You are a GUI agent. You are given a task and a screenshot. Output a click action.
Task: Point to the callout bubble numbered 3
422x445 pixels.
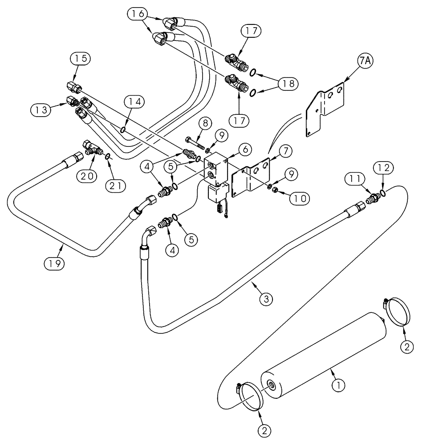tap(266, 299)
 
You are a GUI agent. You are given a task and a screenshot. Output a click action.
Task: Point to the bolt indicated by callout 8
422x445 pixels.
tap(194, 143)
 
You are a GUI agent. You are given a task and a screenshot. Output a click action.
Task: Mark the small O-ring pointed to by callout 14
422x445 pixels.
tap(122, 130)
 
